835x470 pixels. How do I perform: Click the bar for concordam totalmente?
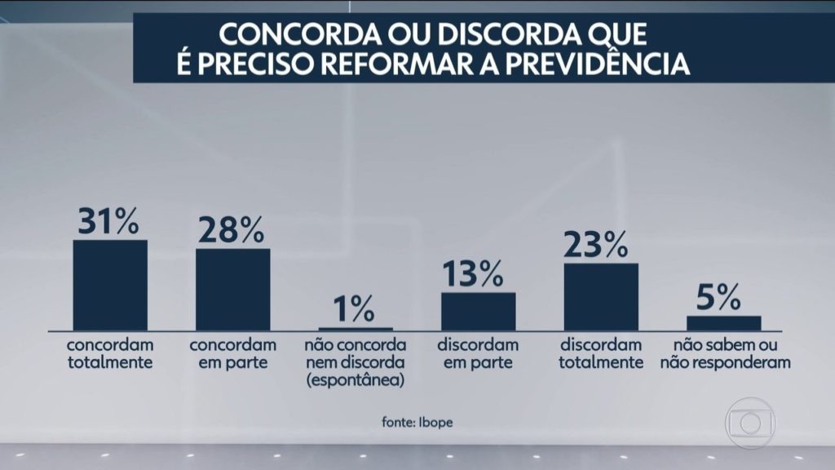110,285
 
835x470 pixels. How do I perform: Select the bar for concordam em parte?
232,289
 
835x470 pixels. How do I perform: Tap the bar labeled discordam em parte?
479,311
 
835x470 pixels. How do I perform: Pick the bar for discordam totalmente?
601,296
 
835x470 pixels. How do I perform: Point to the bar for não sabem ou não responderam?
724,322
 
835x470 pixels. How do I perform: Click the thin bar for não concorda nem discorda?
356,328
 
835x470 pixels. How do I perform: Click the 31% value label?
108,221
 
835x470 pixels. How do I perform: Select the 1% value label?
353,309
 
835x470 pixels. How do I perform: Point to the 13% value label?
477,273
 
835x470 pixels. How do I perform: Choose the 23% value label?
599,243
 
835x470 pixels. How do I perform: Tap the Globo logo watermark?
749,423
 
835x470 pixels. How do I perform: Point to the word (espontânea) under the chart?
355,380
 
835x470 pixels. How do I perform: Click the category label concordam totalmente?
110,353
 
